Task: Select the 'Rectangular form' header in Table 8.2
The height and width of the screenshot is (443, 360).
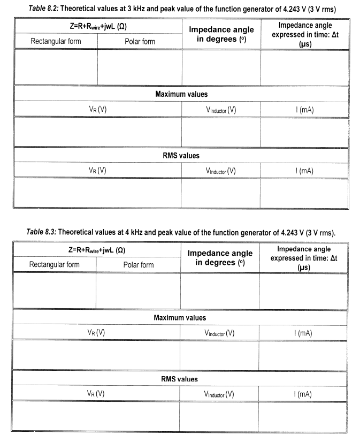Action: click(56, 41)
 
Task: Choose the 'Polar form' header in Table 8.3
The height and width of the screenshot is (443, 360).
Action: click(139, 265)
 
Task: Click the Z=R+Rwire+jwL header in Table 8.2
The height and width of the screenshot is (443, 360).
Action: click(97, 26)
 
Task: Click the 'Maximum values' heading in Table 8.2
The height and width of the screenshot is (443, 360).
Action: click(181, 94)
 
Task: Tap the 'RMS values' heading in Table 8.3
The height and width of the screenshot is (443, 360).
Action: click(179, 379)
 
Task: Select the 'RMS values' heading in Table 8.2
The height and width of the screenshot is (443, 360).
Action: click(181, 156)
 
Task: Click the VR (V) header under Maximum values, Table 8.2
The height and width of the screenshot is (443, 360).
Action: click(97, 110)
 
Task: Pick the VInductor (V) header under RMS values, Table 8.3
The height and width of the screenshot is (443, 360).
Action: click(219, 394)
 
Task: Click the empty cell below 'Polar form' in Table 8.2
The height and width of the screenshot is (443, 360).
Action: click(140, 67)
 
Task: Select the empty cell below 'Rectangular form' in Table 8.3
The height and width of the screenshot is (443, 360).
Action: click(54, 291)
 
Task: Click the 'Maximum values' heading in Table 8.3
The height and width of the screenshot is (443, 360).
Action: click(180, 318)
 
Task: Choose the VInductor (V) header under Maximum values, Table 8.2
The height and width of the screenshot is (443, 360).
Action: click(220, 110)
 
